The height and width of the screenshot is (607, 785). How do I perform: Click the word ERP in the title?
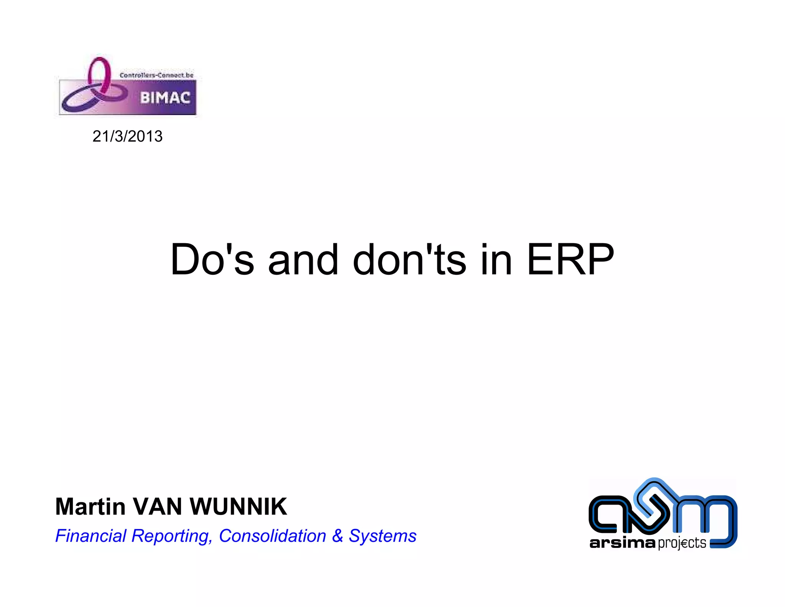coord(570,260)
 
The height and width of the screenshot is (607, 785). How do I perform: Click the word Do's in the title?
coord(212,260)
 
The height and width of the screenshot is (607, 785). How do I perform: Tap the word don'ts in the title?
coord(409,260)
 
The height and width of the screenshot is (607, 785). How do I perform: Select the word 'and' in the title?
coord(303,260)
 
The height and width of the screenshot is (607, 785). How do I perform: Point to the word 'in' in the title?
coord(496,260)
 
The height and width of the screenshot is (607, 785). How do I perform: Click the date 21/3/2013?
coord(127,137)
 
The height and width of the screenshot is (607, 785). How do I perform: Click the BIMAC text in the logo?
coord(165,98)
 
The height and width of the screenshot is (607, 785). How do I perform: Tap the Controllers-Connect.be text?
coord(156,75)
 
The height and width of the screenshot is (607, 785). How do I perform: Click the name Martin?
coord(90,506)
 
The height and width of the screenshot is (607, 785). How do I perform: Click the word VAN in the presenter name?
coord(157,506)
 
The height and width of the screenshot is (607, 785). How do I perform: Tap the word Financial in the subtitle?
coord(91,536)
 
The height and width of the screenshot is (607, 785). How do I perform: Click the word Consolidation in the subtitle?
coord(272,536)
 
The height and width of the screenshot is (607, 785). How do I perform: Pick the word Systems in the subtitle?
coord(382,536)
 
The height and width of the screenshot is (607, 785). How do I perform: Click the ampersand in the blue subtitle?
coord(337,536)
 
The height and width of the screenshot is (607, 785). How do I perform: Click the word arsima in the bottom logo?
coord(622,543)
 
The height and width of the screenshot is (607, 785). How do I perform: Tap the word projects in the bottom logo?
coord(682,543)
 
